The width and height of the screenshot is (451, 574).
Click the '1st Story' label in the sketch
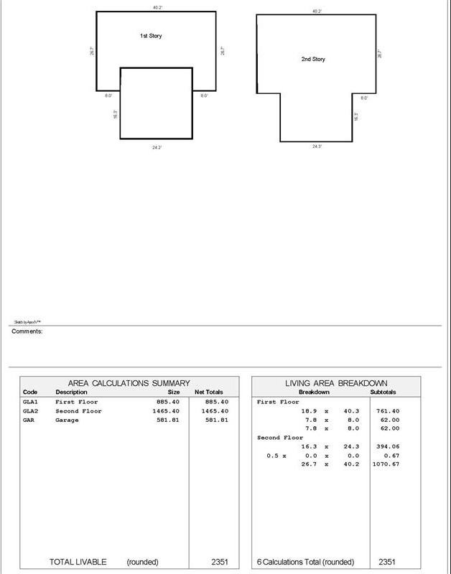[x=151, y=35]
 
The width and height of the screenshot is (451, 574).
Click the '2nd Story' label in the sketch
[x=313, y=59]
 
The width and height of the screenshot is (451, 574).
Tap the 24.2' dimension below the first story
[x=157, y=147]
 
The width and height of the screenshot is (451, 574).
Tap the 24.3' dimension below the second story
[x=317, y=146]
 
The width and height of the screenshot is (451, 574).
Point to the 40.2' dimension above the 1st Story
[x=157, y=7]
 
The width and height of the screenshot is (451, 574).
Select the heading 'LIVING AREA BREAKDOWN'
[x=337, y=384]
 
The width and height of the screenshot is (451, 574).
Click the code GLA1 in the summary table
[x=30, y=403]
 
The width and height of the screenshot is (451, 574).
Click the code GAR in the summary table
[x=29, y=420]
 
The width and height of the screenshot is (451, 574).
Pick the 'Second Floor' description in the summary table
[x=79, y=411]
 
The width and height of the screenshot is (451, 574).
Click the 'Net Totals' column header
[x=209, y=392]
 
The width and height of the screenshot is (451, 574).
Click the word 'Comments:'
[x=27, y=331]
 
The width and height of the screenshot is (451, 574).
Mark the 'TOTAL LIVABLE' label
[x=78, y=562]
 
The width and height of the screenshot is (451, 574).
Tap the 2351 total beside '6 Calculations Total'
[x=387, y=562]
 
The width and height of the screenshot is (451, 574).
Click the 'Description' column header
[x=72, y=392]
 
